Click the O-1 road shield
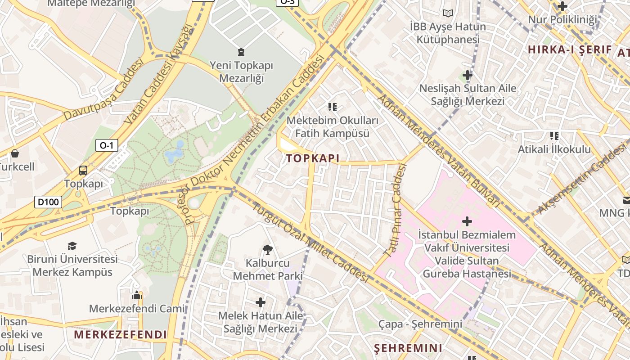pyautogui.click(x=107, y=145)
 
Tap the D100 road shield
pyautogui.click(x=48, y=202)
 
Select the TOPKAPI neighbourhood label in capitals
pyautogui.click(x=312, y=158)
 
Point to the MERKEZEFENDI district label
pyautogui.click(x=120, y=335)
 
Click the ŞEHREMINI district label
pyautogui.click(x=408, y=348)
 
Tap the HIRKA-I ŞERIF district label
pyautogui.click(x=570, y=50)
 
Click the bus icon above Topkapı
pyautogui.click(x=83, y=171)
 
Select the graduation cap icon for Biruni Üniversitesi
pyautogui.click(x=72, y=246)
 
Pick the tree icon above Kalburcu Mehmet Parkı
pyautogui.click(x=268, y=249)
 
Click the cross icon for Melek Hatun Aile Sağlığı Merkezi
pyautogui.click(x=261, y=302)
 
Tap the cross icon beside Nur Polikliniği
pyautogui.click(x=562, y=6)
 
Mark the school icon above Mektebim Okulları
pyautogui.click(x=333, y=107)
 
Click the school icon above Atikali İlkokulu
pyautogui.click(x=554, y=135)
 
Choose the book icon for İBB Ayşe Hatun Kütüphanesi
pyautogui.click(x=448, y=13)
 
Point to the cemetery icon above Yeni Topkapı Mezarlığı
pyautogui.click(x=241, y=52)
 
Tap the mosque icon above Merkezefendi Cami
pyautogui.click(x=137, y=295)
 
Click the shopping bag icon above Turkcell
pyautogui.click(x=15, y=153)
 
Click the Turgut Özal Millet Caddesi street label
pyautogui.click(x=310, y=243)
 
